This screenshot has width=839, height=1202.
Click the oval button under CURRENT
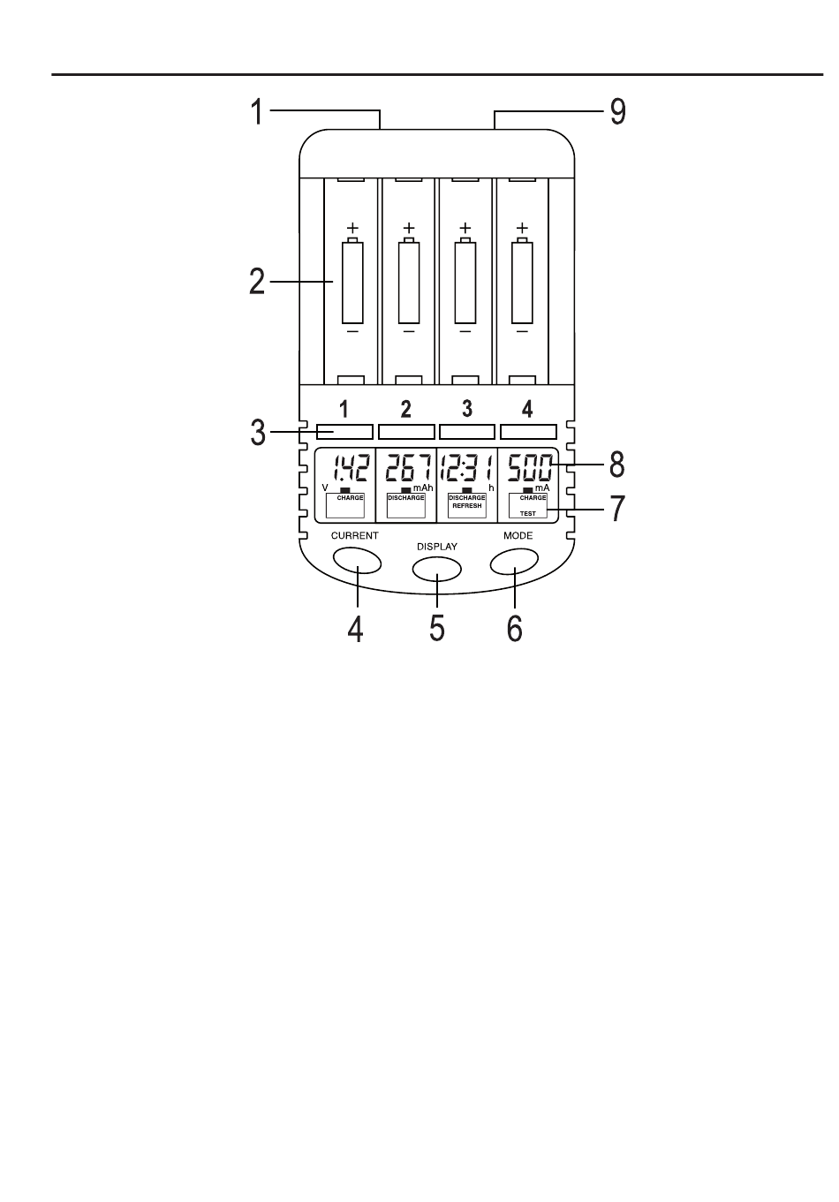[x=358, y=560]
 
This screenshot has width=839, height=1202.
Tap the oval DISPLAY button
[x=436, y=569]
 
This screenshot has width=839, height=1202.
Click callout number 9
[x=618, y=112]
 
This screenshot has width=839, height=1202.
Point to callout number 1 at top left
[x=258, y=112]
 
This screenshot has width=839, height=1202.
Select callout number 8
[x=617, y=465]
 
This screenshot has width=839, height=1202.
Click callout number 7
[x=617, y=509]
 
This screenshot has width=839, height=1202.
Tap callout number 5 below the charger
[x=436, y=627]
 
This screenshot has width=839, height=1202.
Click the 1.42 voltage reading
[x=351, y=468]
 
